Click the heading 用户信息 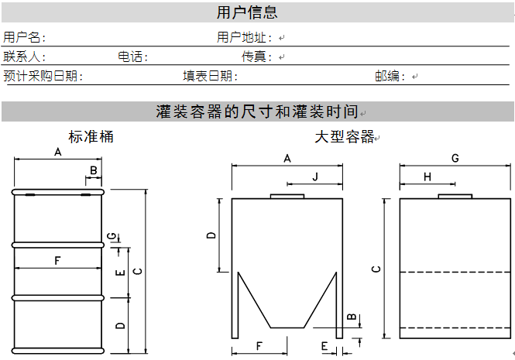point(247,12)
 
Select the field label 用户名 point(22,37)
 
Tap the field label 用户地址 point(242,37)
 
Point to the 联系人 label point(22,57)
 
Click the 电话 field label point(130,57)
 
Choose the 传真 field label point(254,57)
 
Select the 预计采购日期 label point(40,76)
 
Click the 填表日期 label point(208,76)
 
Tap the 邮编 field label point(387,76)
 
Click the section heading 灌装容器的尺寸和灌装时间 point(257,111)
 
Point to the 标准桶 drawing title point(91,136)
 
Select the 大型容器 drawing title point(345,136)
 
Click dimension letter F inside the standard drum point(57,261)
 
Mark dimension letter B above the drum point(93,170)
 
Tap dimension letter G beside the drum point(112,236)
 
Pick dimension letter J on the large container point(315,177)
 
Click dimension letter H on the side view point(427,177)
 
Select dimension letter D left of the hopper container point(211,235)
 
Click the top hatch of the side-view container point(455,196)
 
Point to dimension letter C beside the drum point(138,271)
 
